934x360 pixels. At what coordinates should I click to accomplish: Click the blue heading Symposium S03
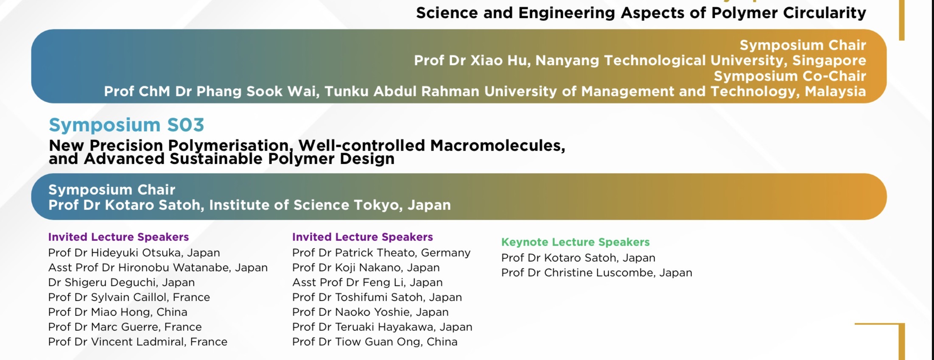click(x=126, y=125)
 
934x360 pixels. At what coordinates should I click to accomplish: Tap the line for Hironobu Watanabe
click(x=158, y=268)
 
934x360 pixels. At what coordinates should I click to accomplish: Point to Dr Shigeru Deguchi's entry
click(x=121, y=282)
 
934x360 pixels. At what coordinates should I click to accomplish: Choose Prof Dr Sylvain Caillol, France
click(x=129, y=297)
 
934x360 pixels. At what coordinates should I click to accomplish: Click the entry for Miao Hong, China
click(x=117, y=312)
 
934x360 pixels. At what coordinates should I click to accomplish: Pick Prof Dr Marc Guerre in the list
click(x=125, y=327)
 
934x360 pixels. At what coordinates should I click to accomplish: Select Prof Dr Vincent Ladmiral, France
click(x=137, y=342)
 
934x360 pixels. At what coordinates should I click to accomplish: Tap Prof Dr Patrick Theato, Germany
click(x=381, y=253)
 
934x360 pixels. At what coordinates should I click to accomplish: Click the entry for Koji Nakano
click(x=366, y=268)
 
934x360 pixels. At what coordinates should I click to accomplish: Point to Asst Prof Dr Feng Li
click(x=367, y=282)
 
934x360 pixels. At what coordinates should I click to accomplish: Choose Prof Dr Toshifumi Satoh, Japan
click(x=377, y=297)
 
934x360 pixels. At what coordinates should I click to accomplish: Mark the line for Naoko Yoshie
click(x=370, y=312)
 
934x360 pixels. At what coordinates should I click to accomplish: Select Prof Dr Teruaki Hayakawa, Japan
click(x=382, y=327)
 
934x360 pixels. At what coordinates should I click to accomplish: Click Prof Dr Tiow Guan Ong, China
click(x=375, y=342)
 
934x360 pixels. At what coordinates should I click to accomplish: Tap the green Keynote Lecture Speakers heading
click(x=576, y=242)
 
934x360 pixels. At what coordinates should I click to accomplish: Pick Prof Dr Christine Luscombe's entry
click(x=596, y=273)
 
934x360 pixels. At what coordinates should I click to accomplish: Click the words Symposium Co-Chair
click(x=790, y=76)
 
